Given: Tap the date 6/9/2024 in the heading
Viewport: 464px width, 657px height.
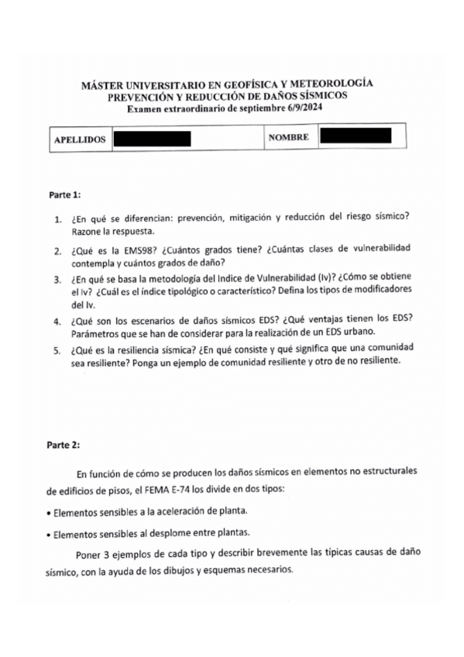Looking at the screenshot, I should click(x=300, y=108).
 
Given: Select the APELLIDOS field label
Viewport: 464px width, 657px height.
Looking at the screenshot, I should click(x=79, y=139).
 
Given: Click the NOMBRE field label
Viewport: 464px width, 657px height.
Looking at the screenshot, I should click(x=288, y=138).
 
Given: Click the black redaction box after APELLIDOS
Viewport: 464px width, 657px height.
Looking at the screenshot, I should click(x=152, y=139).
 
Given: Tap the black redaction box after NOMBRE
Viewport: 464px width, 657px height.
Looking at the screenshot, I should click(x=355, y=137).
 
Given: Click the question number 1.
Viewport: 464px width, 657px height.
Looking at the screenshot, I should click(x=58, y=219).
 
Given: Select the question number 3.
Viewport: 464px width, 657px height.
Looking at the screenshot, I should click(x=58, y=279).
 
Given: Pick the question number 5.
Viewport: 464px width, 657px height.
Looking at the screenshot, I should click(x=58, y=349).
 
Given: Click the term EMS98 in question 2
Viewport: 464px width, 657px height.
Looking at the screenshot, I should click(x=129, y=249).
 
